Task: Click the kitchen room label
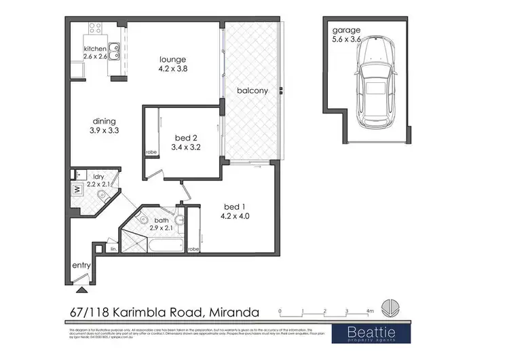[x=96, y=50]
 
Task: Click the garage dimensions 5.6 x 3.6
[x=347, y=39]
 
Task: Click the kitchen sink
[x=114, y=48]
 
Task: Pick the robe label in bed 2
[x=151, y=152]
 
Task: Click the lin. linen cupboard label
[x=113, y=250]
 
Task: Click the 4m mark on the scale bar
[x=370, y=310]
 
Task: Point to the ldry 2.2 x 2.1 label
[x=92, y=180]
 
